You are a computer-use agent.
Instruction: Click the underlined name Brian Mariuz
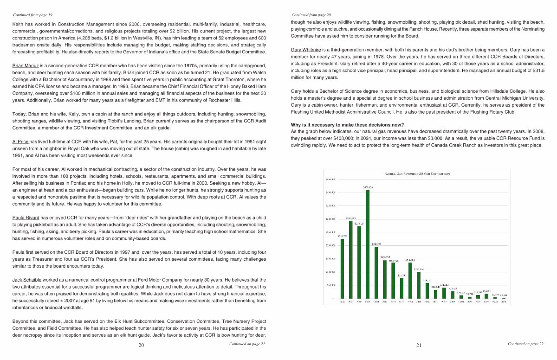click(x=26, y=66)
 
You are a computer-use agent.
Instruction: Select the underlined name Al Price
click(x=20, y=141)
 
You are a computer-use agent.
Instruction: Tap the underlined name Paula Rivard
click(x=26, y=217)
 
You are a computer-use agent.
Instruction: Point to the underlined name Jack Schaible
click(x=27, y=280)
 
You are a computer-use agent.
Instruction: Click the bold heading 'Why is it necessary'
click(x=347, y=125)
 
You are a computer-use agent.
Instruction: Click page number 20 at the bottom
click(x=141, y=345)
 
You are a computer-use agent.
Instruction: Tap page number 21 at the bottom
click(x=418, y=345)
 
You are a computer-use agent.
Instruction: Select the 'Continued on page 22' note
click(x=525, y=344)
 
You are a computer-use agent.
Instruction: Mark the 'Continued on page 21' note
click(x=247, y=344)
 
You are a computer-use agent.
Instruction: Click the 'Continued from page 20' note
click(x=311, y=15)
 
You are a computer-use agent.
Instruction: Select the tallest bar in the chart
click(x=368, y=244)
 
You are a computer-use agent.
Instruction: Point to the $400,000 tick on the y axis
click(x=330, y=192)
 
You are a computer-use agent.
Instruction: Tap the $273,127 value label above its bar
click(x=360, y=223)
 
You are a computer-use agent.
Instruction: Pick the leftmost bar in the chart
click(x=342, y=269)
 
